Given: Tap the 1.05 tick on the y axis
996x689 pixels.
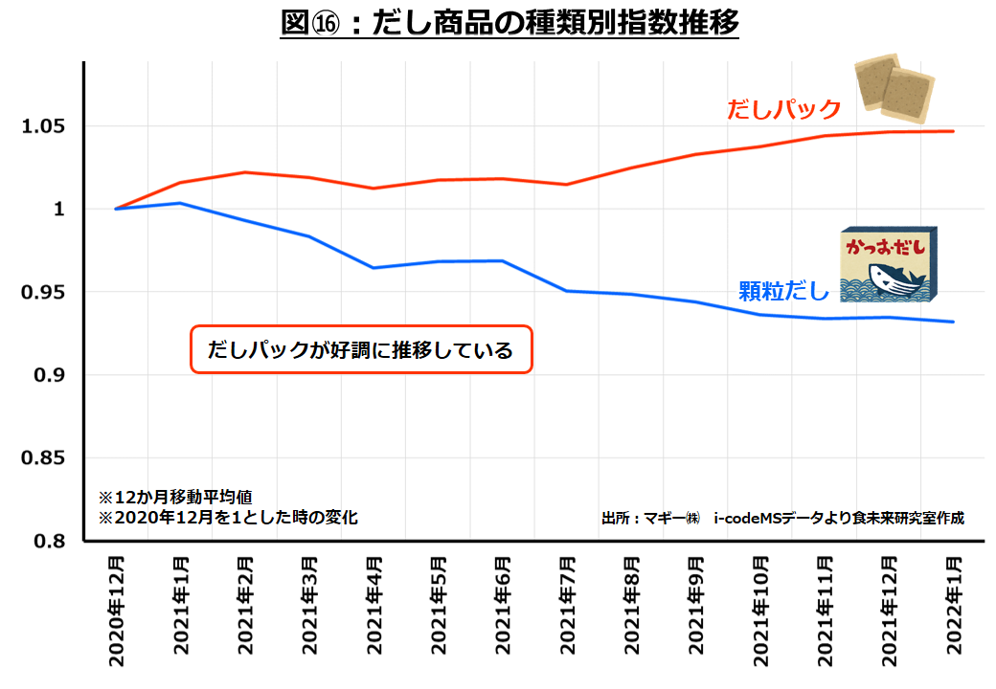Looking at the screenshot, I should click(44, 126).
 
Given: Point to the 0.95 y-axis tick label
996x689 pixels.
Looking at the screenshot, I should click(44, 292).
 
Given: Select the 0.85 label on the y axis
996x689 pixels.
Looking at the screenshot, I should click(44, 458).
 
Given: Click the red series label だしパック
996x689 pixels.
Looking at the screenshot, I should click(783, 109).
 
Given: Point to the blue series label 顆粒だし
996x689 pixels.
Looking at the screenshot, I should click(783, 290).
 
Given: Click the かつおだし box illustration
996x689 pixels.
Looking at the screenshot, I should click(888, 265).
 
